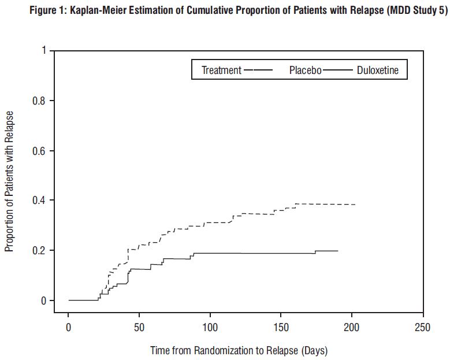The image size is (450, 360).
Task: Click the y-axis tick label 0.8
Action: pos(39,101)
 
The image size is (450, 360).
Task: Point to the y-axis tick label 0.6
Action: pos(39,151)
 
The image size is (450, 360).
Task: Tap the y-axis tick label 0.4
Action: pos(39,201)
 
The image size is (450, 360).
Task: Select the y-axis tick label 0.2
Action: pos(39,250)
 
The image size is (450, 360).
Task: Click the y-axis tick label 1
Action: pos(43,51)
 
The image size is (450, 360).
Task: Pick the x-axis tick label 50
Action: pos(139,328)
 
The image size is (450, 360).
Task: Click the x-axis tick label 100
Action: pos(210,328)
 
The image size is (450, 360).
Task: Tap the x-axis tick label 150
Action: pos(281,328)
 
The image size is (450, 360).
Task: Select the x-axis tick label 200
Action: pos(351,328)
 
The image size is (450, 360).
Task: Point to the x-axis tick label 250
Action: pos(422,328)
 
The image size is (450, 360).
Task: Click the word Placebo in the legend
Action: pos(305,70)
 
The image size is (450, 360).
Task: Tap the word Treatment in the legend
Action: pos(221,70)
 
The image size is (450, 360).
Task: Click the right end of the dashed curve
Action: pos(355,205)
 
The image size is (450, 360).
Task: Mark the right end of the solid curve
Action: pos(338,251)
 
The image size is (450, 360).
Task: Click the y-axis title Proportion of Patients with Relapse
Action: pos(9,181)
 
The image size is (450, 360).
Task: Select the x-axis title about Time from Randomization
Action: pos(239,350)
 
